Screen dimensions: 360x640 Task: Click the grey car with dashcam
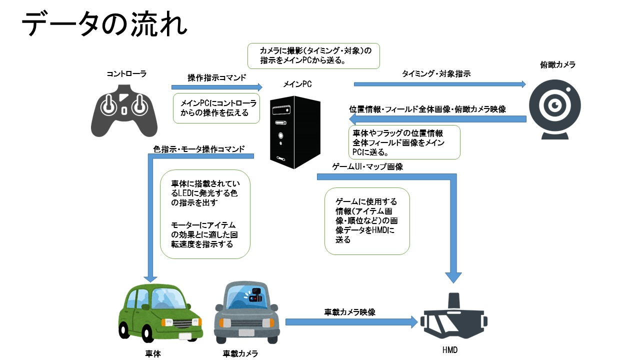246,313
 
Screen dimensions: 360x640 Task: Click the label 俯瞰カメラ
558,65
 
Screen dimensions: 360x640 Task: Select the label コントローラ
126,74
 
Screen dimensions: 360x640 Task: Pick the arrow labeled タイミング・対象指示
440,84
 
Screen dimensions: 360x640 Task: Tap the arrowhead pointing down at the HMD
453,277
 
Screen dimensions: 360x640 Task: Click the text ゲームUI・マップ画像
367,167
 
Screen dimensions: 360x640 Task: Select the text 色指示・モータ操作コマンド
199,149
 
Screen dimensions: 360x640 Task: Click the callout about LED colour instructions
205,214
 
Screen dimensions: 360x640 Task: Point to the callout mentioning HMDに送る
367,221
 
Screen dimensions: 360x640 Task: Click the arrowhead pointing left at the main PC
353,119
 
